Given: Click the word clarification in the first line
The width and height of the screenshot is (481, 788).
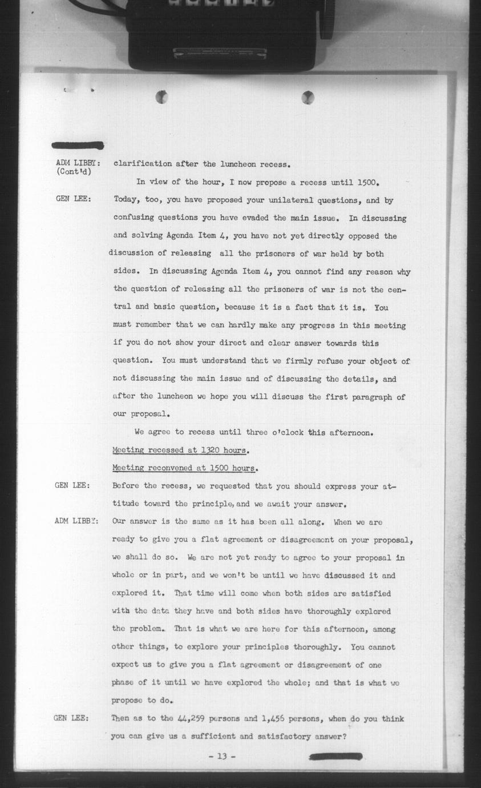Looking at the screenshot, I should point(142,164).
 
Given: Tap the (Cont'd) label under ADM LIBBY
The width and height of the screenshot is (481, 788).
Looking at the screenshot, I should point(74,171).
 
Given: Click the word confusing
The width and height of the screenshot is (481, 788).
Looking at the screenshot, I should point(137,218).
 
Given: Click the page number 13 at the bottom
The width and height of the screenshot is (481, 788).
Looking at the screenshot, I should point(222,757).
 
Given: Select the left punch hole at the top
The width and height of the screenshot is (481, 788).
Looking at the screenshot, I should point(162,97).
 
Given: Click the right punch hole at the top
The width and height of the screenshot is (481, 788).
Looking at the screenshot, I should point(308,97).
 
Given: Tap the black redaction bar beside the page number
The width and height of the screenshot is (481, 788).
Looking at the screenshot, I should point(335,757).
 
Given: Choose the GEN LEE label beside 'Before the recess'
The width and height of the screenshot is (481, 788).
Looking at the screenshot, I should point(72,486).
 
